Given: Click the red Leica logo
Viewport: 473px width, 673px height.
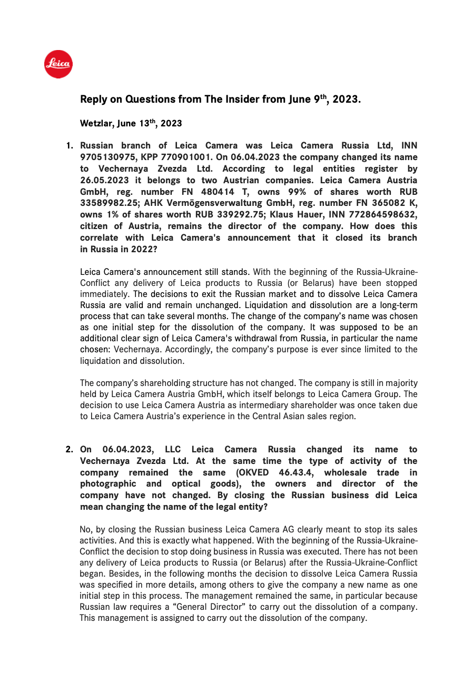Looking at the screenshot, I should pos(58,64).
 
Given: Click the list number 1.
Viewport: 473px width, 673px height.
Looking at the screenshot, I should pos(69,145).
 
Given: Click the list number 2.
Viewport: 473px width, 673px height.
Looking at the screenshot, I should pos(69,449).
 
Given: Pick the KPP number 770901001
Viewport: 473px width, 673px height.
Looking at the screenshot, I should pos(174,157).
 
